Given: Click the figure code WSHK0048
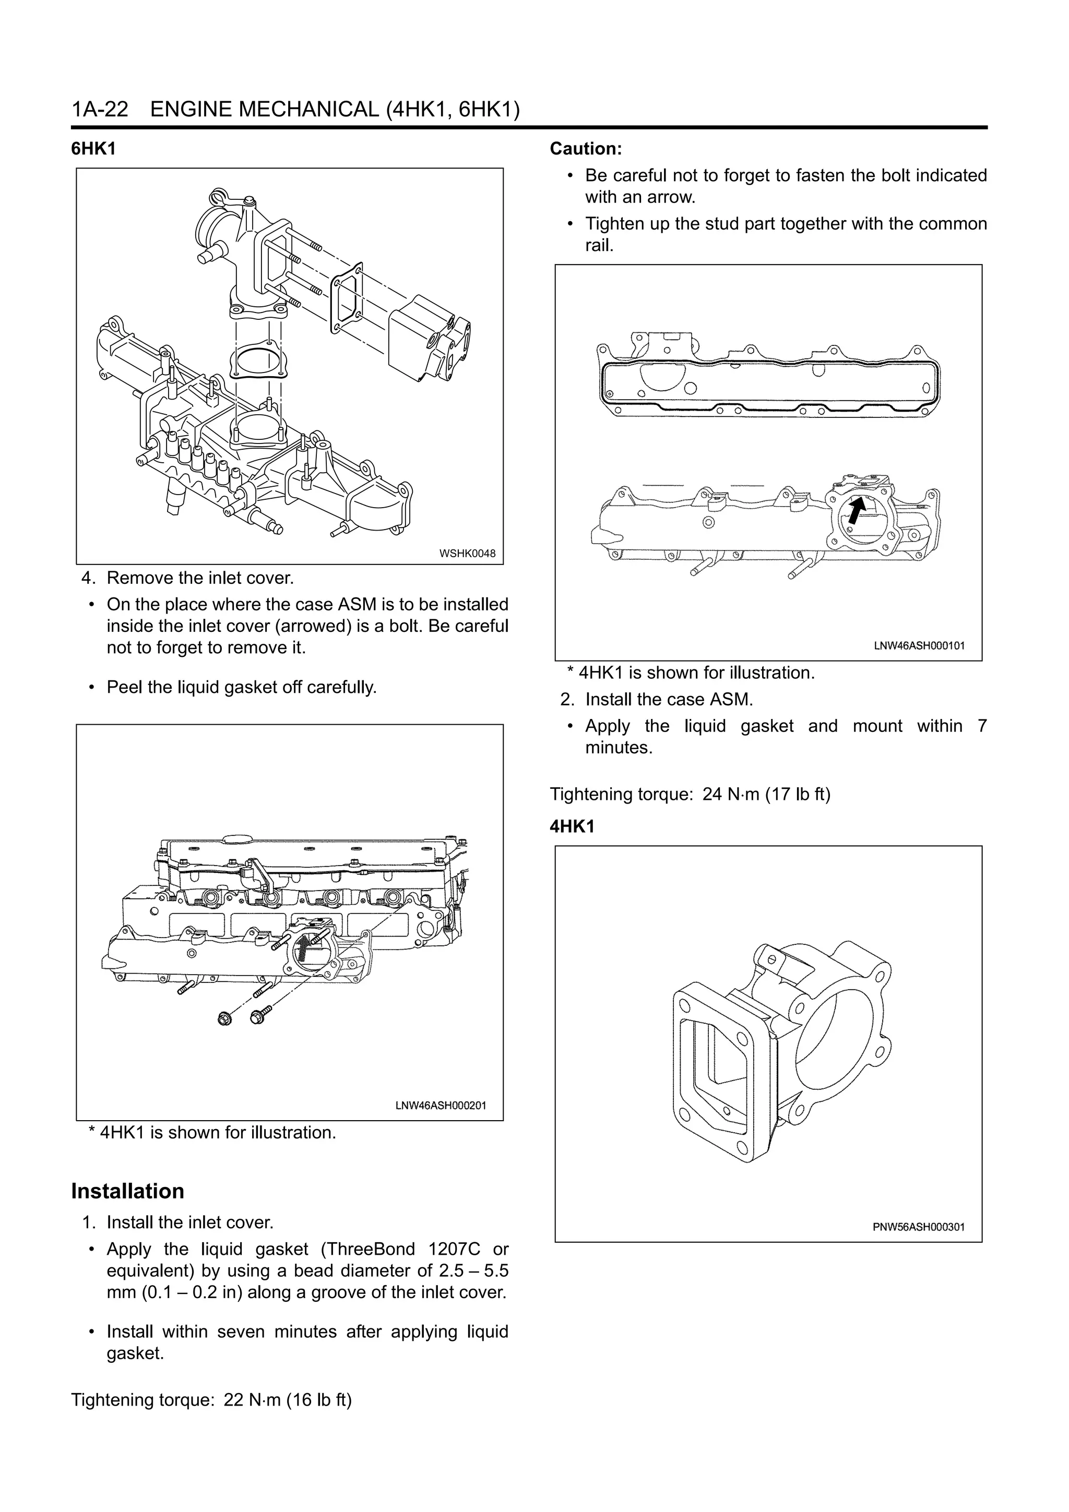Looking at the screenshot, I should tap(467, 554).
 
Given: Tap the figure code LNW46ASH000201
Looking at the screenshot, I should tap(440, 1106).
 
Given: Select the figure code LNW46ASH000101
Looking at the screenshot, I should tap(919, 646).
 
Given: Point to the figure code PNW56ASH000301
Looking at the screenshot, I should tap(918, 1227).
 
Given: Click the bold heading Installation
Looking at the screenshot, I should tap(128, 1191).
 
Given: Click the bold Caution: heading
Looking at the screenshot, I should tap(586, 149).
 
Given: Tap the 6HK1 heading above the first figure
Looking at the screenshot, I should tap(93, 149).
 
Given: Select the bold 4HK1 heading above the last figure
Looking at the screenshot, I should tap(572, 826).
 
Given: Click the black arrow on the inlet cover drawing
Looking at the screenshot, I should tap(855, 510).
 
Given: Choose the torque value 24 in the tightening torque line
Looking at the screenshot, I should tap(712, 794).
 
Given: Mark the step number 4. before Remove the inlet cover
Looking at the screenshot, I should tap(89, 578).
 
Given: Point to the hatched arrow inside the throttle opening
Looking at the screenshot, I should tap(302, 952).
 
